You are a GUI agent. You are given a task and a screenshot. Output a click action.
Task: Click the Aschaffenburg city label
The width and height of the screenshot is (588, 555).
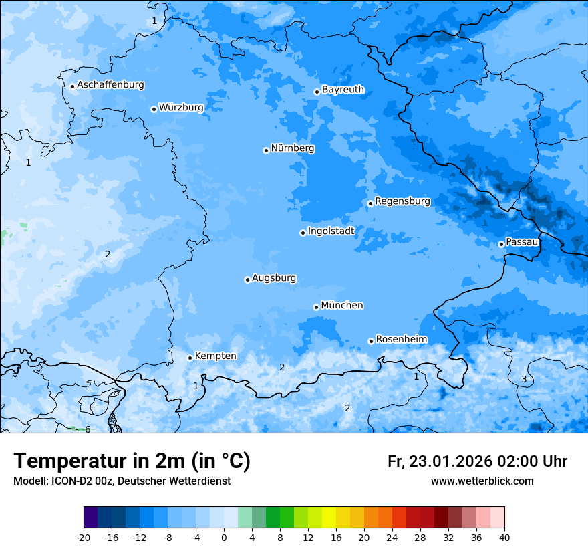click(x=110, y=85)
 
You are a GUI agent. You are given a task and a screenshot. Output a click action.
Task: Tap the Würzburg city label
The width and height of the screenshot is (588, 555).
click(x=181, y=108)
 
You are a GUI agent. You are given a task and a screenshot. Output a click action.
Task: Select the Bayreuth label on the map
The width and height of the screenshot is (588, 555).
click(x=343, y=90)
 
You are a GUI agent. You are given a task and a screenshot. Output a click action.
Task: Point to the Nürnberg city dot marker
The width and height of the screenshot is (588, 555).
click(x=266, y=150)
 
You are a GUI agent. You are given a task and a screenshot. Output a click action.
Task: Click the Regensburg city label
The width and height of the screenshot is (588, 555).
click(x=402, y=201)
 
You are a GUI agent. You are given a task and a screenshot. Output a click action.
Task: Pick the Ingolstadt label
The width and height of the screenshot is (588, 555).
click(x=331, y=231)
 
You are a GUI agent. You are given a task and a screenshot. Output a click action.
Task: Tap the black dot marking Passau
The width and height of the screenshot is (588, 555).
click(x=501, y=244)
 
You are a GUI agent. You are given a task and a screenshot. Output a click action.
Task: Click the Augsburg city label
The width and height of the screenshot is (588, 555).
click(x=274, y=278)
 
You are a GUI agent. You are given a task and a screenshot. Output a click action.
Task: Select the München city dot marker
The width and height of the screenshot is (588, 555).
click(x=316, y=307)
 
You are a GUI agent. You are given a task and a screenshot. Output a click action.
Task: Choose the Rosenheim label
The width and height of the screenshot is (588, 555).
click(x=401, y=340)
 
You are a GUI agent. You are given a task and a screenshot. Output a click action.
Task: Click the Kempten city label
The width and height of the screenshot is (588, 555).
click(x=215, y=356)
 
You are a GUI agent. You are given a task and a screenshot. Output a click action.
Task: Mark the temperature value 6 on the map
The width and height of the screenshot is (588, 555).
click(x=88, y=429)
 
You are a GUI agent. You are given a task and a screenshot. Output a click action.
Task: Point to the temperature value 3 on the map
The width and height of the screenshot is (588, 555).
click(x=524, y=379)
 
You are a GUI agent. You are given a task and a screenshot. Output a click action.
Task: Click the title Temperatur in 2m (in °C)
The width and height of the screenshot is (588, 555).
click(x=132, y=461)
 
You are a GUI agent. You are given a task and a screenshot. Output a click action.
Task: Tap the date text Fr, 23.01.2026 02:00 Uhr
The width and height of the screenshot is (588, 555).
click(x=477, y=461)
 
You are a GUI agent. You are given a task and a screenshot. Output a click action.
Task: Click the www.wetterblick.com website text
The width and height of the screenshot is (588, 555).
click(x=482, y=481)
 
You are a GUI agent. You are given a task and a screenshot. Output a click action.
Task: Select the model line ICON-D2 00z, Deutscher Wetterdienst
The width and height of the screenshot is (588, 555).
click(x=122, y=481)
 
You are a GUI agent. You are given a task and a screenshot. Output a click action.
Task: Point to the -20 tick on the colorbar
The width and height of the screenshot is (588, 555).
click(x=84, y=538)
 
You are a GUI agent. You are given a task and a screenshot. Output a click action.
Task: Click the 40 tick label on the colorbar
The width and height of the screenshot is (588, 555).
click(x=504, y=538)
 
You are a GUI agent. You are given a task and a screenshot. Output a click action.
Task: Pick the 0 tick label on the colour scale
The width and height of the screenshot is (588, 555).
click(x=224, y=538)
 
